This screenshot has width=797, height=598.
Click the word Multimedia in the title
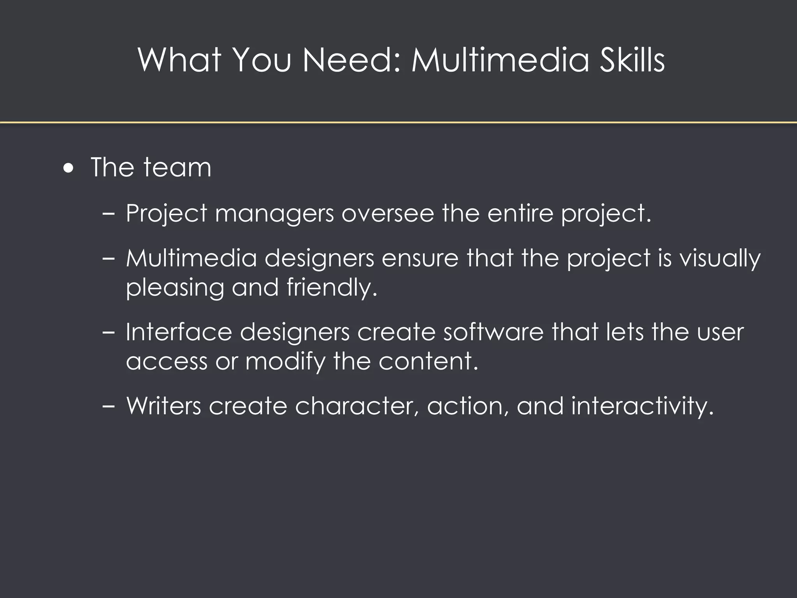pyautogui.click(x=500, y=60)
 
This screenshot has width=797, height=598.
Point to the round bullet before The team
pyautogui.click(x=68, y=169)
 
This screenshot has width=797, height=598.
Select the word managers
pyautogui.click(x=274, y=214)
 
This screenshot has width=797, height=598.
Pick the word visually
pyautogui.click(x=720, y=259)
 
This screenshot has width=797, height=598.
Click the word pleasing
pyautogui.click(x=175, y=288)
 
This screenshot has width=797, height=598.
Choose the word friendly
pyautogui.click(x=332, y=288)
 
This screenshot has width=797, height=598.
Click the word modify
pyautogui.click(x=285, y=362)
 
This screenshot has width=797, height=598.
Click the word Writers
pyautogui.click(x=164, y=406)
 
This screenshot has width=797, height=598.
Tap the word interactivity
pyautogui.click(x=643, y=406)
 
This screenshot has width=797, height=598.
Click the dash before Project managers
pyautogui.click(x=108, y=214)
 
